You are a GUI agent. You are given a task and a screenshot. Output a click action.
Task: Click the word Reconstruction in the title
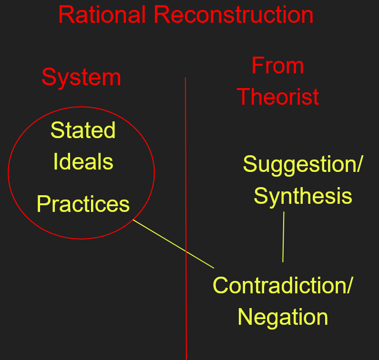coord(234,15)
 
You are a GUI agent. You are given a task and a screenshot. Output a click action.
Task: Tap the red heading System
coord(81,78)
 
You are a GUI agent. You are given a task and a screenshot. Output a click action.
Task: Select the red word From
coord(277,66)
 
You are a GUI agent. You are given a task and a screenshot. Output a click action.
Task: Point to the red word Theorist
coord(278,97)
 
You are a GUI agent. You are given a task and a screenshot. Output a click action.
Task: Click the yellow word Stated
coord(83,130)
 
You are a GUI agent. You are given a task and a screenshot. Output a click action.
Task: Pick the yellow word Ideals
coord(83,161)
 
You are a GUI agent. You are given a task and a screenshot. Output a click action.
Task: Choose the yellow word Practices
coord(83,204)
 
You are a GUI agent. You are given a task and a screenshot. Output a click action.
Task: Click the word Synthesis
coord(303,196)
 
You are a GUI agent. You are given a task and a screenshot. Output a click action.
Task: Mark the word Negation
coord(283,317)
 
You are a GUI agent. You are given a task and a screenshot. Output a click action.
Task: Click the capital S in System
coord(48,78)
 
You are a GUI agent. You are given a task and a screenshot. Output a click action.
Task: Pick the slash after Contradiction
coord(348,285)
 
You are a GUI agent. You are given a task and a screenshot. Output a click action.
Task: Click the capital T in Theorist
coord(244,97)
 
